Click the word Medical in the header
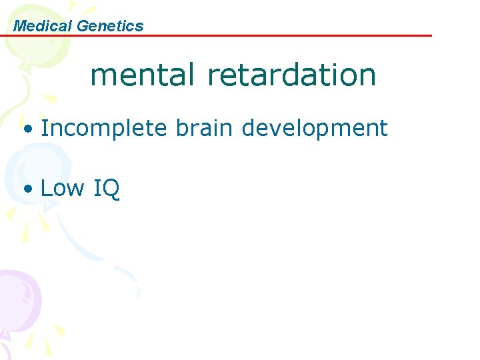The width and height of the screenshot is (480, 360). point(43,26)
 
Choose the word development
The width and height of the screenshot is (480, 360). point(314,129)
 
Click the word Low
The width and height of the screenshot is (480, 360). point(63,188)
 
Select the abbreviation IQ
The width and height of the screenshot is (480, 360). point(107,189)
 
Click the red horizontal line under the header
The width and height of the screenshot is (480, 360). point(267,35)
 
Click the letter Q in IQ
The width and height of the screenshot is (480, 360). point(111,189)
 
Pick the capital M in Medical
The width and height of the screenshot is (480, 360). point(19,26)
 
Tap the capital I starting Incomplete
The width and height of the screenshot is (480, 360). point(43,127)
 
